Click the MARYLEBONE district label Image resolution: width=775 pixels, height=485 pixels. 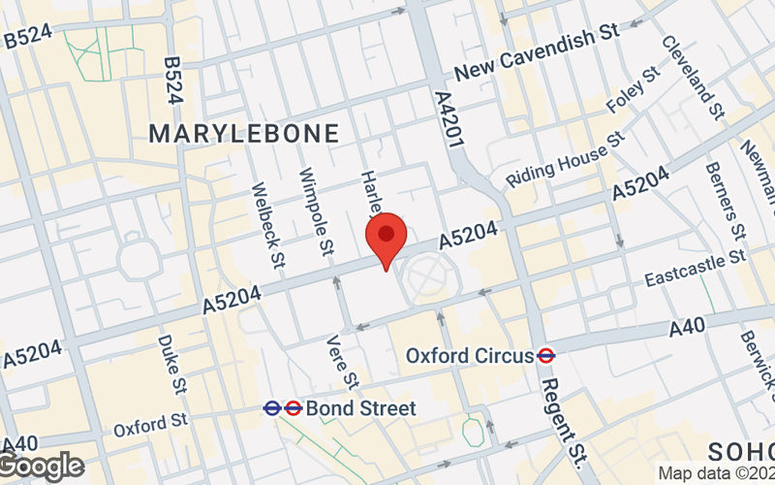244,134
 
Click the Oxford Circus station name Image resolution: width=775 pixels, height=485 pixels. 470,356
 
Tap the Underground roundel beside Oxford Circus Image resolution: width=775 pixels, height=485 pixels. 546,356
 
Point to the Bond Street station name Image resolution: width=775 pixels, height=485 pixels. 360,408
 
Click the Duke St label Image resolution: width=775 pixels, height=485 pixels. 171,358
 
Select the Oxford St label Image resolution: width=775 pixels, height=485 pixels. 151,423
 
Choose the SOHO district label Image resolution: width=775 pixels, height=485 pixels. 741,450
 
